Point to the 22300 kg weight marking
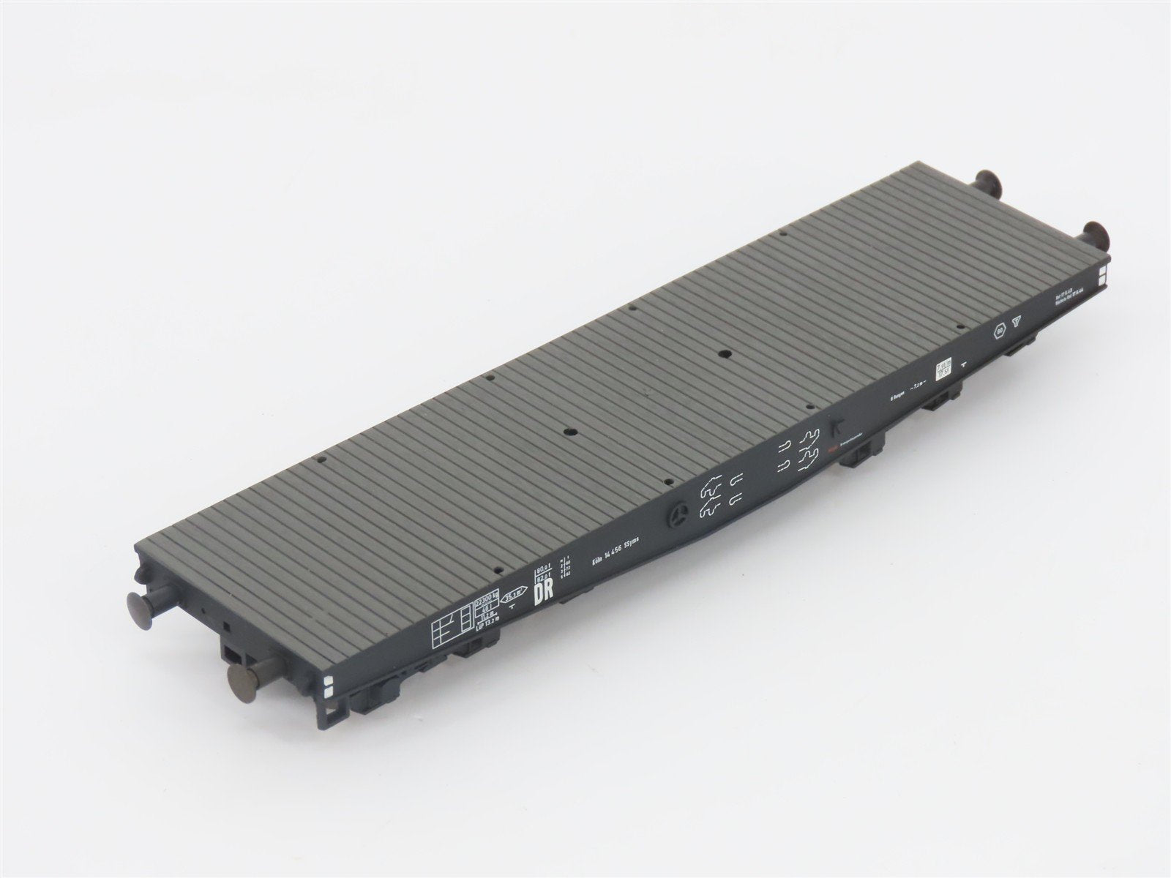point(487,601)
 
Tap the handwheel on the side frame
point(678,517)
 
